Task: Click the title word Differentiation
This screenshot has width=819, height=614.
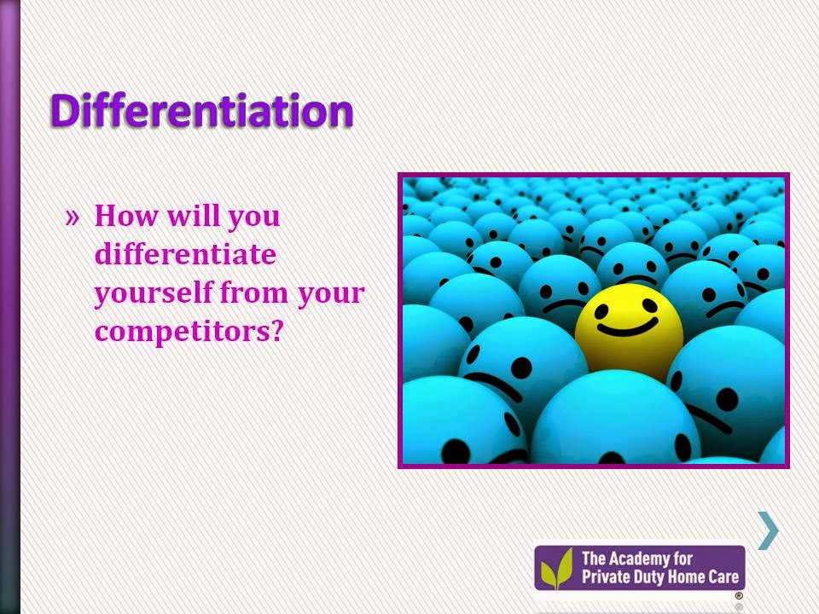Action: tap(202, 110)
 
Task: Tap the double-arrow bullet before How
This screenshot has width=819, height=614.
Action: tap(73, 217)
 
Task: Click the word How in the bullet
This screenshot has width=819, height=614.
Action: tap(126, 215)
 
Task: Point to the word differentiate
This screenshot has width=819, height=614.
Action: tap(185, 254)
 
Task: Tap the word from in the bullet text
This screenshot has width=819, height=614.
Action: tap(254, 293)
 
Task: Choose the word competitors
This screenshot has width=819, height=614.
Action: tap(183, 331)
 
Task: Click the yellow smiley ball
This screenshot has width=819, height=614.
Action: tap(629, 329)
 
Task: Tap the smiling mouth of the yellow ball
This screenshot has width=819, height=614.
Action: tap(627, 327)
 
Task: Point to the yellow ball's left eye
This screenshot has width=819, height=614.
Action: tap(601, 312)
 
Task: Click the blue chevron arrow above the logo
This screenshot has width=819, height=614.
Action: tap(769, 530)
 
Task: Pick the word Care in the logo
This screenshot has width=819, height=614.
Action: tap(723, 576)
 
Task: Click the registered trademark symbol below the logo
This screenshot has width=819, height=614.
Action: tap(739, 596)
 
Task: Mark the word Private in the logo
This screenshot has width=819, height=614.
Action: tap(600, 576)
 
